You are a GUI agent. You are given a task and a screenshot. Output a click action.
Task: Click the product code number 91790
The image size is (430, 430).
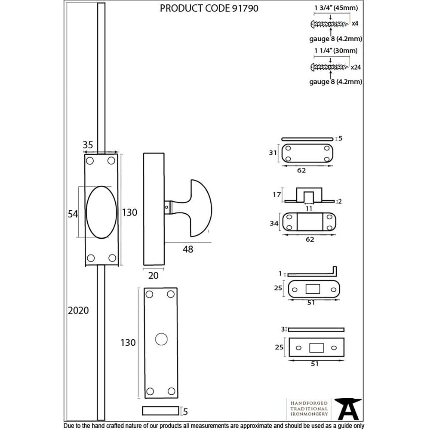click(x=243, y=9)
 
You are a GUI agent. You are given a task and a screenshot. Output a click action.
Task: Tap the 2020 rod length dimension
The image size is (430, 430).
click(x=78, y=310)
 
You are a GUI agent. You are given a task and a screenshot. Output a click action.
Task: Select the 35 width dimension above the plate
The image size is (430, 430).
click(x=88, y=145)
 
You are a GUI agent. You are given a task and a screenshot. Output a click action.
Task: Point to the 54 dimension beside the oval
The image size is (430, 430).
click(x=73, y=213)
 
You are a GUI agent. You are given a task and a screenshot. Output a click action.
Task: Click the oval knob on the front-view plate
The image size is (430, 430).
click(x=101, y=212)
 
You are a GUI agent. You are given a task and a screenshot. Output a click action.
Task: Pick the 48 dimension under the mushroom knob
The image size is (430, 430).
click(x=188, y=249)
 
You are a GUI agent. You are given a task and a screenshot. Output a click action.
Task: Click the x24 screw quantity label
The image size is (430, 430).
click(x=356, y=67)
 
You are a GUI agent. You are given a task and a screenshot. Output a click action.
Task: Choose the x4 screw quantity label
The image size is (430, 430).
click(x=355, y=24)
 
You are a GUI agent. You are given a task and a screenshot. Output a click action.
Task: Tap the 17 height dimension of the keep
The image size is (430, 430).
click(x=277, y=194)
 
